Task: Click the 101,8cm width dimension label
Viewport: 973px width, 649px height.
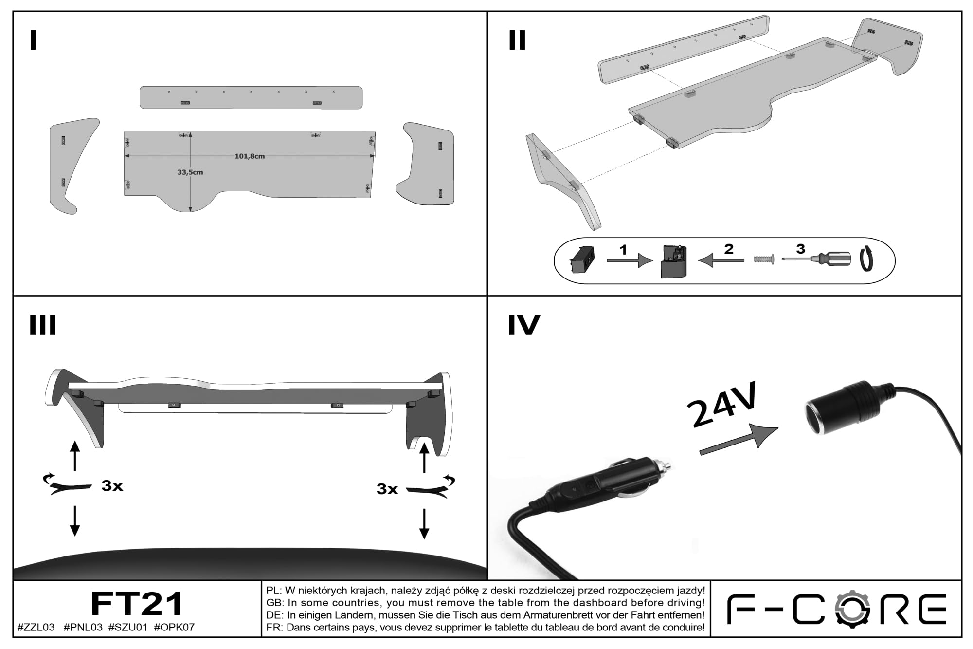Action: tap(250, 156)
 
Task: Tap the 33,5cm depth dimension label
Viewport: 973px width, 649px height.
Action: tap(190, 172)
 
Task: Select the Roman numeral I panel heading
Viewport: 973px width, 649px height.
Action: tap(33, 40)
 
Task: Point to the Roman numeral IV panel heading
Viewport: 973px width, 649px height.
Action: tap(524, 325)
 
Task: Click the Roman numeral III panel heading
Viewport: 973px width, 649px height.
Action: tap(43, 325)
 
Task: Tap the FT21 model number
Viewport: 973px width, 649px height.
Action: tap(137, 604)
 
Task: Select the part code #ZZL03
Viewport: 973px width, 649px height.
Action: tap(36, 628)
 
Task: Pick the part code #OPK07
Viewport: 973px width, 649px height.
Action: tap(174, 628)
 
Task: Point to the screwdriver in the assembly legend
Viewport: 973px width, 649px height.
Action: tap(816, 259)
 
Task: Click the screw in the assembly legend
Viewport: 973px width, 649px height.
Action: tap(764, 260)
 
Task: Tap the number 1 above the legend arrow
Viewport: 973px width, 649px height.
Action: tap(623, 250)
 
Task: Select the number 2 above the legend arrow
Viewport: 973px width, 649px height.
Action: tap(728, 249)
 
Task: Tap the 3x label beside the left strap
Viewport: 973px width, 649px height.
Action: tap(112, 485)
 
